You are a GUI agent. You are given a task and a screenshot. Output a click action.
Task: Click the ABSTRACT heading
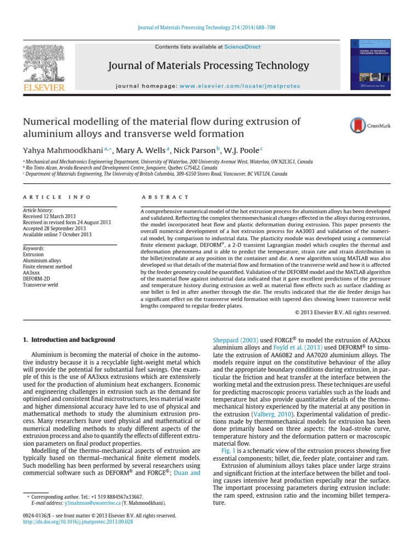pos(165,197)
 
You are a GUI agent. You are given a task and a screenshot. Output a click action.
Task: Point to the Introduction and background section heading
pos(69,340)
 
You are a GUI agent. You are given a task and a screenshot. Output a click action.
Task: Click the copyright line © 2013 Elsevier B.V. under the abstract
pos(342,312)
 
